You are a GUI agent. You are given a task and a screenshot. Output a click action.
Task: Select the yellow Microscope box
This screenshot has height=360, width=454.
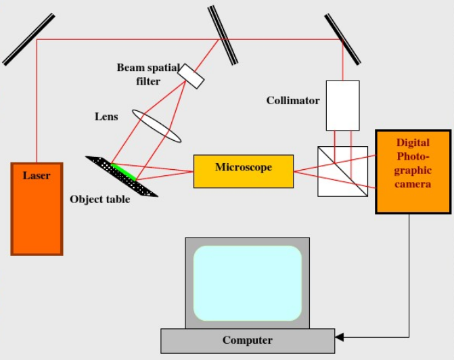click(244, 171)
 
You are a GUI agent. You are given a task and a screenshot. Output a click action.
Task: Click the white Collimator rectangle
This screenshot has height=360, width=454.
click(342, 106)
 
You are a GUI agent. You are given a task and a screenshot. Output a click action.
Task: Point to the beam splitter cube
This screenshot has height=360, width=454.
click(342, 171)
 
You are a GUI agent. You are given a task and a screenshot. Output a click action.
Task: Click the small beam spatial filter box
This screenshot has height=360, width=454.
click(191, 77)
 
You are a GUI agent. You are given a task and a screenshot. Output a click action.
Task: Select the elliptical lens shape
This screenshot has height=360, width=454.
click(161, 127)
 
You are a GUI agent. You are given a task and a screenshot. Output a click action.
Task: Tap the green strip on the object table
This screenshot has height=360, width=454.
click(124, 172)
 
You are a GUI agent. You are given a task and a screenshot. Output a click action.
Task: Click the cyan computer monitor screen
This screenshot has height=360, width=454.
click(247, 282)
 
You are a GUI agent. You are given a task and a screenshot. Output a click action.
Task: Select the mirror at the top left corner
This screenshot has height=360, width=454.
click(28, 41)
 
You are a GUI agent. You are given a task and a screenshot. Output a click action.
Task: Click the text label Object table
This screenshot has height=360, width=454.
click(99, 199)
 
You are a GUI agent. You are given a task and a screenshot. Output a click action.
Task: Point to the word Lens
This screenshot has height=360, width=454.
click(106, 116)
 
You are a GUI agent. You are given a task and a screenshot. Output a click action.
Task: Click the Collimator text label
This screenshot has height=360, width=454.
click(292, 101)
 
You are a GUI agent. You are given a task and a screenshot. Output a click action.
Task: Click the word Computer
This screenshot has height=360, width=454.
click(247, 340)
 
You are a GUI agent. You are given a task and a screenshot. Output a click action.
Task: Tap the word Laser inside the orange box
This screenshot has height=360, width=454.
click(37, 176)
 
